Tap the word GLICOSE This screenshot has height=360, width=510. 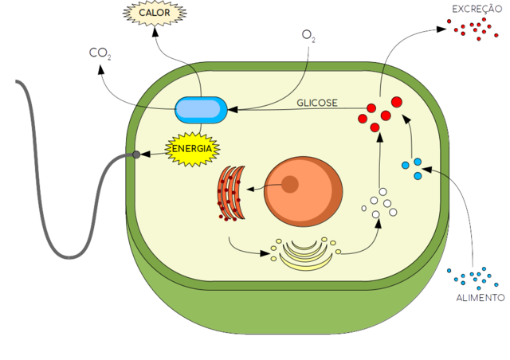click(x=317, y=103)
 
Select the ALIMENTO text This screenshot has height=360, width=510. click(x=480, y=298)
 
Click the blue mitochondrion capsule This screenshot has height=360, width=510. click(x=201, y=109)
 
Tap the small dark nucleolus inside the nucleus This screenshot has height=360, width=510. click(x=290, y=186)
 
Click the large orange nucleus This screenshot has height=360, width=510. click(x=304, y=192)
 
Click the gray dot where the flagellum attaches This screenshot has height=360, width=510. click(x=136, y=154)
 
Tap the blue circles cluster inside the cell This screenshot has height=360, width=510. click(x=412, y=168)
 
